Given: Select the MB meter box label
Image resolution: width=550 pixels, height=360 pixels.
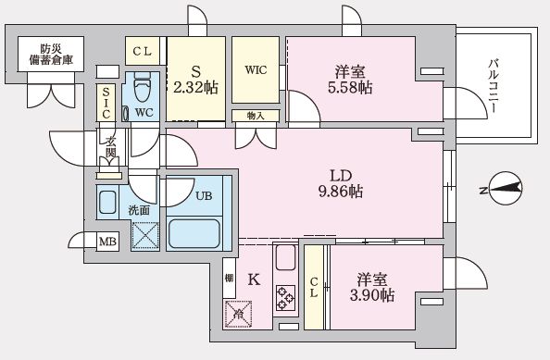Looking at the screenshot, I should [108, 242].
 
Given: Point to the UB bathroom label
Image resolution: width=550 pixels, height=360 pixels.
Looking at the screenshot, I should [204, 195].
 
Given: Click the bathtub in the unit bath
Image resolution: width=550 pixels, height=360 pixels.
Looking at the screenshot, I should [194, 232].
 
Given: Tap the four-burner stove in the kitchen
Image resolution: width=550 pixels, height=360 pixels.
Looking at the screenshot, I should [284, 297].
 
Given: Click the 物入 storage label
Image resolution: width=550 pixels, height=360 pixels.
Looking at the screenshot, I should [256, 116].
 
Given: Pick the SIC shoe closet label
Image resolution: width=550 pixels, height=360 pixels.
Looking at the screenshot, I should [107, 103].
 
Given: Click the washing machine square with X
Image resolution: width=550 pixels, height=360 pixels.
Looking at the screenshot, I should [145, 235].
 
